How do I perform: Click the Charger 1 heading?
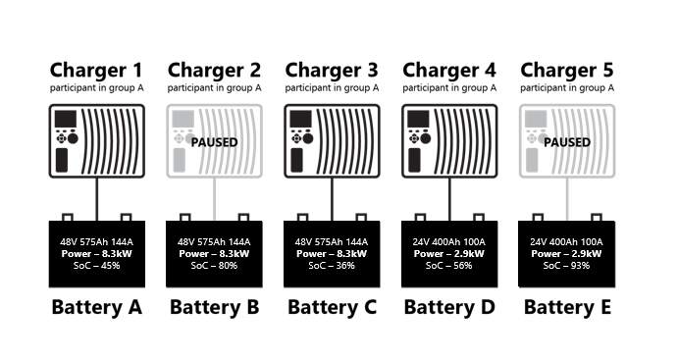(96, 70)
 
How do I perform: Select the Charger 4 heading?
(449, 70)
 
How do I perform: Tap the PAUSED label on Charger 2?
(214, 142)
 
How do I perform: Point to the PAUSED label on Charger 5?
(566, 142)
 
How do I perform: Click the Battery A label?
(96, 307)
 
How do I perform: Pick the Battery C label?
(332, 307)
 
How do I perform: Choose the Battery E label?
(567, 307)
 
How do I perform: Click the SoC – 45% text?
(96, 266)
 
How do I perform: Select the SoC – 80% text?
(214, 266)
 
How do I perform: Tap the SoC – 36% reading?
(332, 266)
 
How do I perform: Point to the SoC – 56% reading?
(449, 266)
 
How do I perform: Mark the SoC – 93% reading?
(567, 266)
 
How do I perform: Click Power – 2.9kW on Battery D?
(449, 253)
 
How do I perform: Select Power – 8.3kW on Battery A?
(96, 253)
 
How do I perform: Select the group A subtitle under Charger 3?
(332, 88)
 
